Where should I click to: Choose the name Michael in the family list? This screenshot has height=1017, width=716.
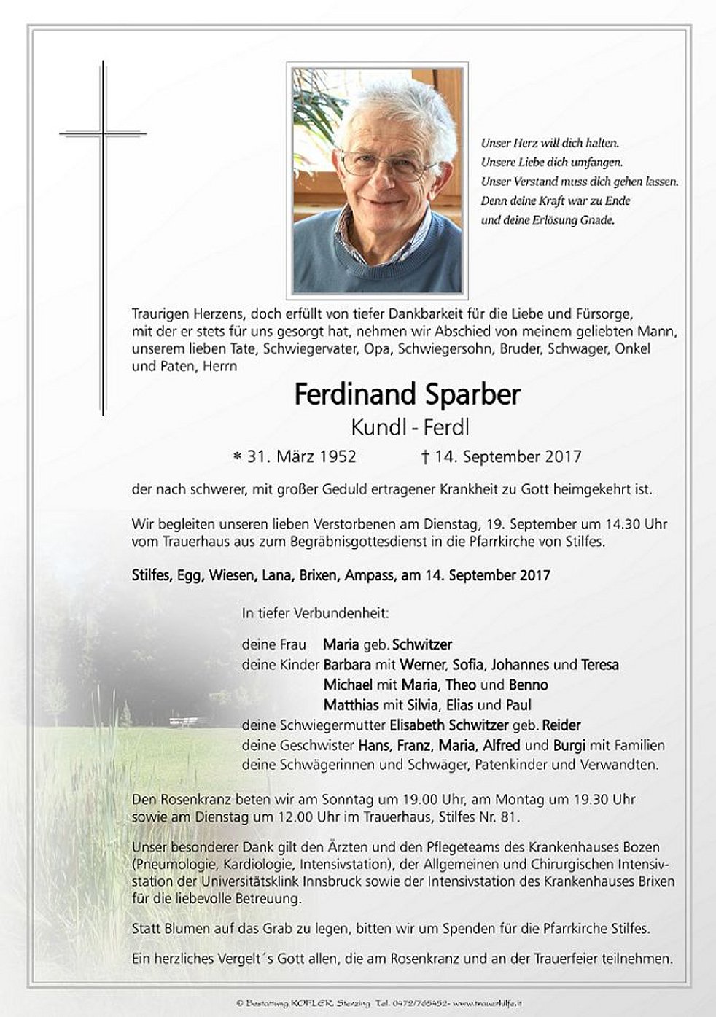click(x=348, y=685)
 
